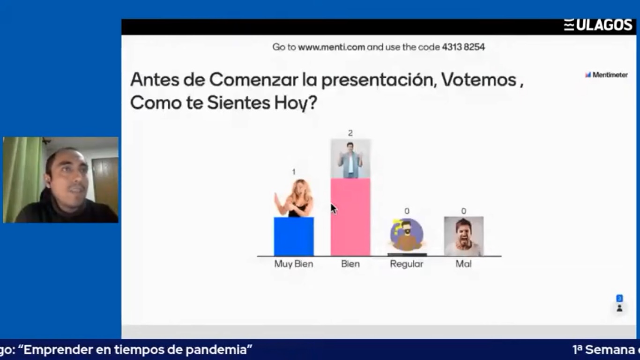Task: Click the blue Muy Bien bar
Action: pyautogui.click(x=294, y=236)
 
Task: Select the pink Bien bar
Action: pyautogui.click(x=350, y=217)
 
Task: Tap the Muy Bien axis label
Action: pyautogui.click(x=294, y=263)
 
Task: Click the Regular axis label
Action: pyautogui.click(x=407, y=263)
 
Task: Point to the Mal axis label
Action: pyautogui.click(x=463, y=263)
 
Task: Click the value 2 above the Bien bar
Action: pyautogui.click(x=350, y=133)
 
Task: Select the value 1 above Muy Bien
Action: pyautogui.click(x=294, y=172)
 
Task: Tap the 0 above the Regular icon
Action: pyautogui.click(x=407, y=211)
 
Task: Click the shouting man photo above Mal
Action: pyautogui.click(x=464, y=236)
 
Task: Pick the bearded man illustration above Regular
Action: pyautogui.click(x=407, y=235)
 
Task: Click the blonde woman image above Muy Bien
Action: pyautogui.click(x=294, y=198)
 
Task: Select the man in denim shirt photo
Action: pyautogui.click(x=350, y=159)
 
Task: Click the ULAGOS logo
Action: pyautogui.click(x=598, y=25)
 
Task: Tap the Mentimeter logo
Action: pyautogui.click(x=606, y=75)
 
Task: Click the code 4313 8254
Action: pyautogui.click(x=463, y=47)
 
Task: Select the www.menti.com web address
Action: pyautogui.click(x=331, y=47)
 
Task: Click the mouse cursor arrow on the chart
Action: pyautogui.click(x=334, y=209)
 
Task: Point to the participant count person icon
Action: pyautogui.click(x=619, y=308)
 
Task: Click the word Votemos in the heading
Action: pyautogui.click(x=479, y=80)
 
